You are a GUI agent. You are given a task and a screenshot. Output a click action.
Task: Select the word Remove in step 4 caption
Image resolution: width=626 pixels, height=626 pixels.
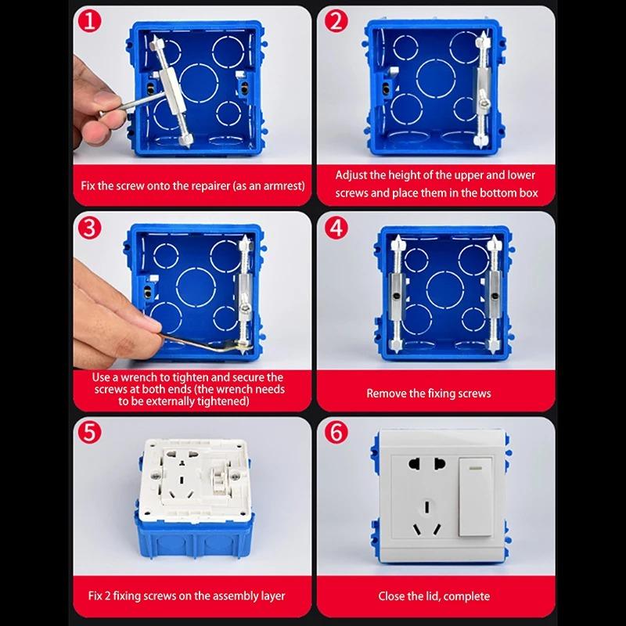pos(385,394)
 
